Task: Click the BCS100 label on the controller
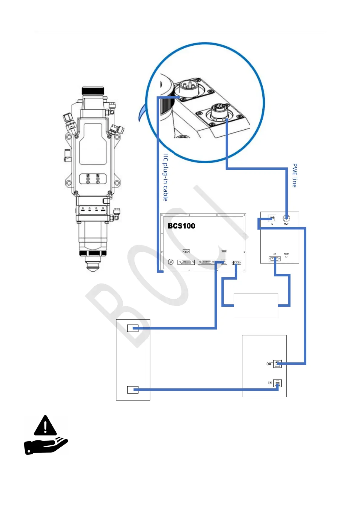[x=181, y=226]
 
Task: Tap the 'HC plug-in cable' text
[x=166, y=177]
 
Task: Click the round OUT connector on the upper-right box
[x=286, y=218]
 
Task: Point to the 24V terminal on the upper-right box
[x=274, y=259]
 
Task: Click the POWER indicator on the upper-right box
[x=286, y=256]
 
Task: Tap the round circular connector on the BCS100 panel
[x=171, y=262]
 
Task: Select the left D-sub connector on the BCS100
[x=186, y=262]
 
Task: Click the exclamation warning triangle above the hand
[x=45, y=426]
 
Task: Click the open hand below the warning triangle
[x=45, y=446]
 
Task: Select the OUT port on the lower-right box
[x=277, y=364]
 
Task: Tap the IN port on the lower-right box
[x=277, y=383]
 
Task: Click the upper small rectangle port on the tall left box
[x=133, y=328]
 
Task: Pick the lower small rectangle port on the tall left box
[x=133, y=390]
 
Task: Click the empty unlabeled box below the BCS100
[x=256, y=305]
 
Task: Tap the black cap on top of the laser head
[x=93, y=90]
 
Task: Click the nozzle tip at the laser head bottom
[x=93, y=267]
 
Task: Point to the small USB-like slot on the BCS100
[x=224, y=251]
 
